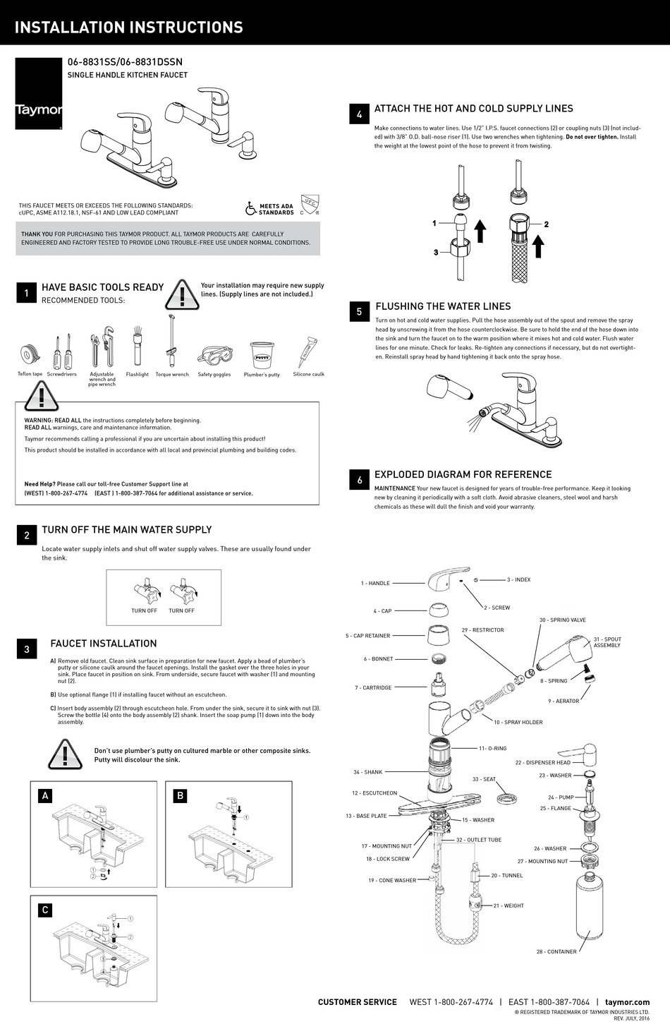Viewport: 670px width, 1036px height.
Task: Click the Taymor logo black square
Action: click(x=39, y=93)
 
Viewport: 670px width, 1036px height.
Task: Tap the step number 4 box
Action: click(x=359, y=114)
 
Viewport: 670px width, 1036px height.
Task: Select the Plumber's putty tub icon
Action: click(x=262, y=354)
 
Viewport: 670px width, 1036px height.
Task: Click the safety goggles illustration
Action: click(x=214, y=355)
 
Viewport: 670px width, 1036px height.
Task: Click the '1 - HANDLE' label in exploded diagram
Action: click(x=375, y=583)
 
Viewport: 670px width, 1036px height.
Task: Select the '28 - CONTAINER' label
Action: click(x=556, y=951)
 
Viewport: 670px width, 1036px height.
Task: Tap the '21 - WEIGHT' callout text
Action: click(x=508, y=905)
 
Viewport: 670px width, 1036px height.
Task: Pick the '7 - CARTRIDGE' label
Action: click(x=373, y=687)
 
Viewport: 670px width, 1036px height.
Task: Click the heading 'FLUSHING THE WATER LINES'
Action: click(x=443, y=306)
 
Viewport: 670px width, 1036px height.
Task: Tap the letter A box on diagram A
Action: click(x=46, y=795)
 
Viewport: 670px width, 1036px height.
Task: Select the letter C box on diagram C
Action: click(x=45, y=910)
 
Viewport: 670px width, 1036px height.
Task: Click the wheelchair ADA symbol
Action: click(x=250, y=208)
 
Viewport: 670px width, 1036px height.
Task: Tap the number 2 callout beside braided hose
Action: click(x=547, y=224)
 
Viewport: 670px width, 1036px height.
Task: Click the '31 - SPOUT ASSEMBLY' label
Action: click(x=607, y=642)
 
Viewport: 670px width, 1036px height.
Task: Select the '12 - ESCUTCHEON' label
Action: click(x=374, y=793)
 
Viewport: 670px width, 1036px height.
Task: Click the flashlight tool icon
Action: click(x=138, y=349)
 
